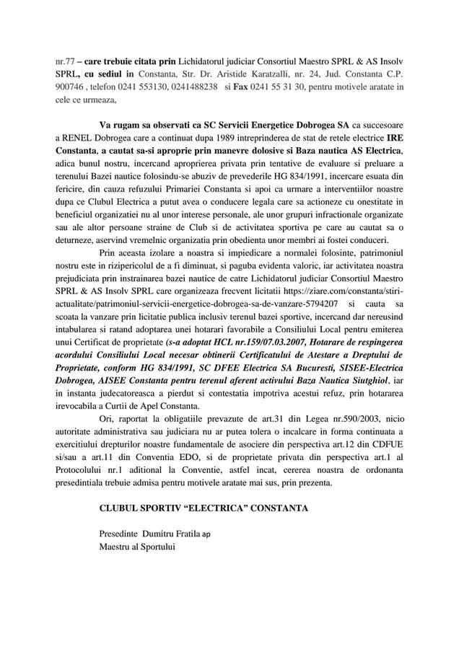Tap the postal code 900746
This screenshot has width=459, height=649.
(71, 87)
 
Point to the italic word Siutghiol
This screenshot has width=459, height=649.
(355, 381)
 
